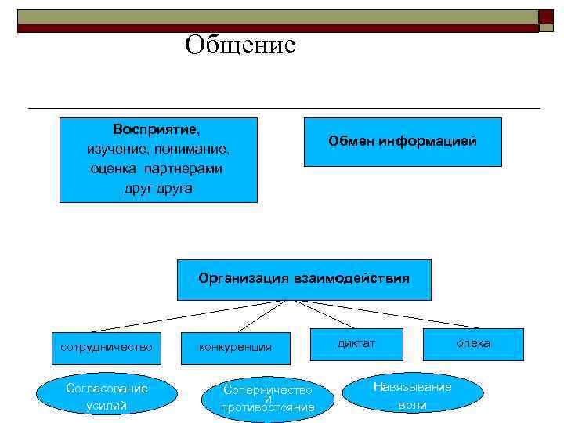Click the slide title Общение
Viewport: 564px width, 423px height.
pyautogui.click(x=240, y=45)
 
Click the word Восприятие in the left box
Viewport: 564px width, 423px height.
pyautogui.click(x=156, y=128)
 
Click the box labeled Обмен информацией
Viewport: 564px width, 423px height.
pyautogui.click(x=402, y=142)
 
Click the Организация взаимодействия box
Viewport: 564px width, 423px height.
pyautogui.click(x=303, y=280)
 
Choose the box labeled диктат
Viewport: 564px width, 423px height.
pyautogui.click(x=356, y=344)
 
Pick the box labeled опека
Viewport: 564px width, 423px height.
pyautogui.click(x=473, y=344)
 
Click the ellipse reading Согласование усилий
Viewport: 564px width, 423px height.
pyautogui.click(x=107, y=396)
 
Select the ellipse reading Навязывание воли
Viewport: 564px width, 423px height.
pyautogui.click(x=412, y=396)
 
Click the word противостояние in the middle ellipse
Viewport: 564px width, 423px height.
pyautogui.click(x=268, y=408)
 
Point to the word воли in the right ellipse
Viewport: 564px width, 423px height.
pyautogui.click(x=412, y=406)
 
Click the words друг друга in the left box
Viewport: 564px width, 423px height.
pyautogui.click(x=157, y=189)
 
